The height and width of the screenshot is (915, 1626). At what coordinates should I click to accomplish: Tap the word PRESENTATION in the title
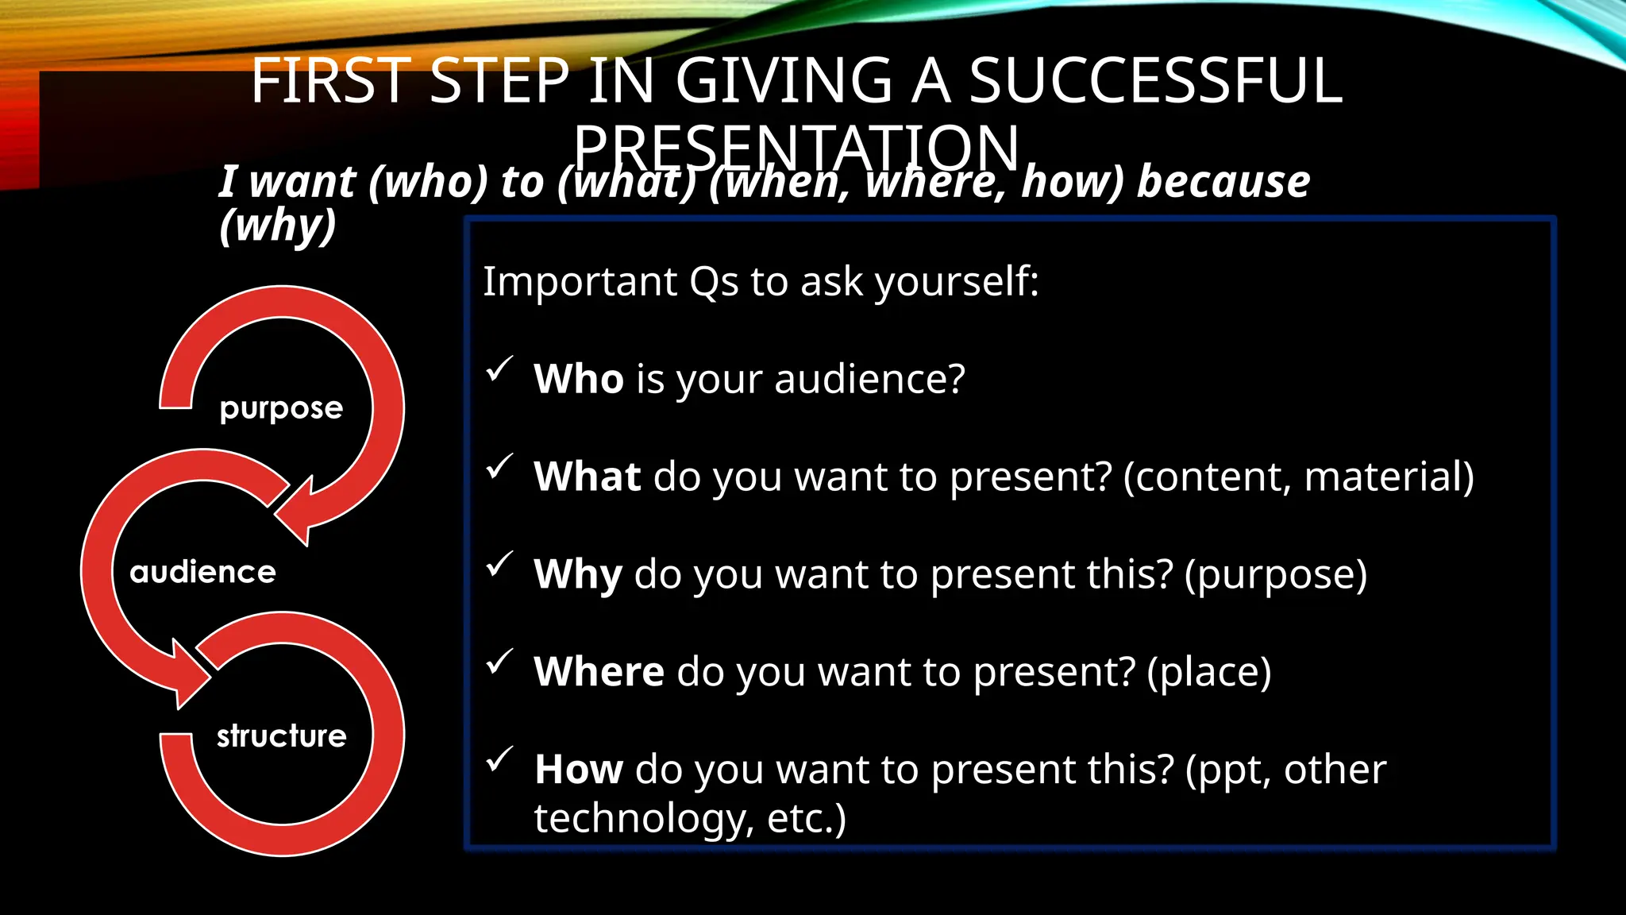[x=796, y=148]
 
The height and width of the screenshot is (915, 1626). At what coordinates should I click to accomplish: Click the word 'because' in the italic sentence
[x=1223, y=182]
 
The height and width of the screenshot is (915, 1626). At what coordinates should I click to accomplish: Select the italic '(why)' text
[x=278, y=226]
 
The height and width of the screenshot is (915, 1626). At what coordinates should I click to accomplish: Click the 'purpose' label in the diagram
[x=281, y=408]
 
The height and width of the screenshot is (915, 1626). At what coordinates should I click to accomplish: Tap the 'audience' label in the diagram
[x=203, y=572]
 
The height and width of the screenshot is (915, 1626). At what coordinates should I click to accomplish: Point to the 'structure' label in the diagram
[x=282, y=736]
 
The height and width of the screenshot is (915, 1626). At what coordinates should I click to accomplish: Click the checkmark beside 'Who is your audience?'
[x=499, y=369]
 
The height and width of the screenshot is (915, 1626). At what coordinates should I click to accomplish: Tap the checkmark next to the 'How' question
[x=499, y=759]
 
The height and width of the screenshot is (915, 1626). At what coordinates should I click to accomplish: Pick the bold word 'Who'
[x=578, y=379]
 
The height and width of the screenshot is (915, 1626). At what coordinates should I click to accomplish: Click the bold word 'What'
[x=587, y=477]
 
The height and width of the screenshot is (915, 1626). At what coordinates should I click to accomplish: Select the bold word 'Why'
[x=577, y=574]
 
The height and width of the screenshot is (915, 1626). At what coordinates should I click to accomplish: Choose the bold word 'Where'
[x=599, y=672]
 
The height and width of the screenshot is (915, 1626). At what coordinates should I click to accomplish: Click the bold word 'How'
[x=579, y=770]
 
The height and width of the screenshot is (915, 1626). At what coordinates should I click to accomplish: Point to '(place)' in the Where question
[x=1208, y=673]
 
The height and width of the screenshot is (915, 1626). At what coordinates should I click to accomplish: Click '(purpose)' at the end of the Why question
[x=1275, y=575]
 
